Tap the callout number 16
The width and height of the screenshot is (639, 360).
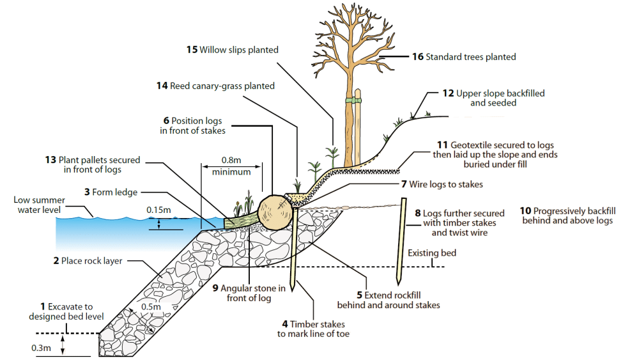tap(417, 57)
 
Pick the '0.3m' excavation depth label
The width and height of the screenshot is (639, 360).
tap(40, 348)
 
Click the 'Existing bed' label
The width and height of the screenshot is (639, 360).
tap(432, 253)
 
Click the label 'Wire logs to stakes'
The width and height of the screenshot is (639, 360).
tap(445, 184)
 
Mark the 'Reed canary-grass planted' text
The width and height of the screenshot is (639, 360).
tap(222, 86)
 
